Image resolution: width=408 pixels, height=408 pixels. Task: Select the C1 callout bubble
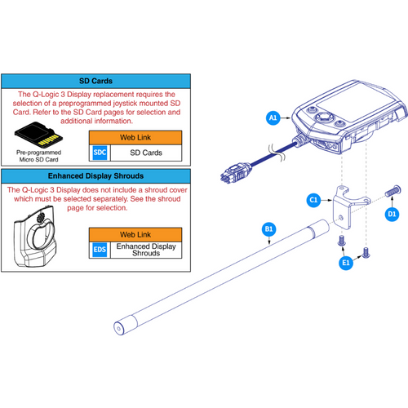click(313, 199)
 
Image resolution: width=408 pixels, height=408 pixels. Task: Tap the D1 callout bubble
click(392, 213)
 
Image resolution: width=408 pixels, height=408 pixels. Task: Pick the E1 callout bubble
click(346, 263)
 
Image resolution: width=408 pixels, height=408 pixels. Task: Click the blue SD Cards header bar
click(95, 82)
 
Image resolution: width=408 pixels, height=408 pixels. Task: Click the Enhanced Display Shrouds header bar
click(95, 175)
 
